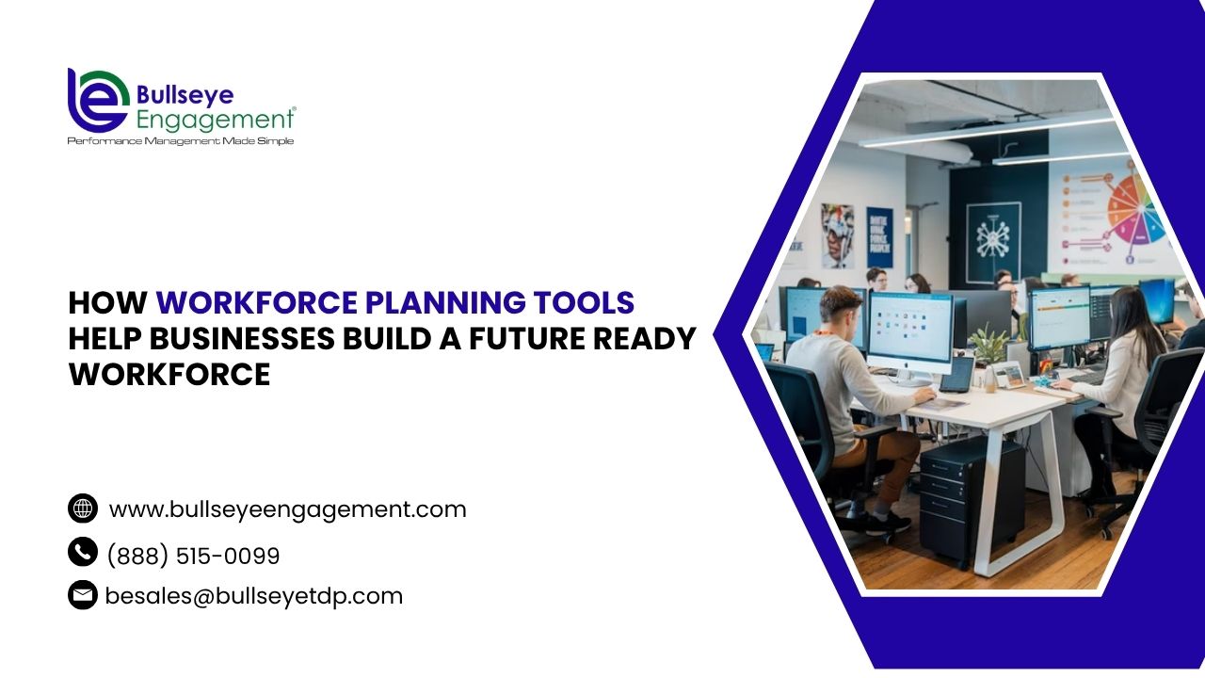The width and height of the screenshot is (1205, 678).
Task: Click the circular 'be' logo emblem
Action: point(98,101)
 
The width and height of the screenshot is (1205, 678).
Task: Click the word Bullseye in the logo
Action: point(185,96)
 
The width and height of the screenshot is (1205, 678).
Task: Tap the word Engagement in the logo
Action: point(216,120)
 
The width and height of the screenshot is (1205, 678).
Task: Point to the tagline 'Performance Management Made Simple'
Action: point(181,141)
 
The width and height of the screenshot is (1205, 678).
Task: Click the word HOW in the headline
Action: point(107,302)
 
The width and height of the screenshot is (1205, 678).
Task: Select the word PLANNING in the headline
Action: point(445,302)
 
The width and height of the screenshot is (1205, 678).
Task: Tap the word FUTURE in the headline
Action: point(527,338)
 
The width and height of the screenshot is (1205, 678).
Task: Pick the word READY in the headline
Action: point(645,338)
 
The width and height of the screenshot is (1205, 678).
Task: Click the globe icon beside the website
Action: point(83,508)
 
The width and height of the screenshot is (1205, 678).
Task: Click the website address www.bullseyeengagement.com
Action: point(288,509)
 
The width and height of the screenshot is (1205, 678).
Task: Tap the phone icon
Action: point(83,552)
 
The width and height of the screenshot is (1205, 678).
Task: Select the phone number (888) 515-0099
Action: point(194,556)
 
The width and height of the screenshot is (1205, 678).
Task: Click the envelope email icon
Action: point(83,594)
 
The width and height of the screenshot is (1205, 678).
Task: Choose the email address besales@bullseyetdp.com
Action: point(254,596)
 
